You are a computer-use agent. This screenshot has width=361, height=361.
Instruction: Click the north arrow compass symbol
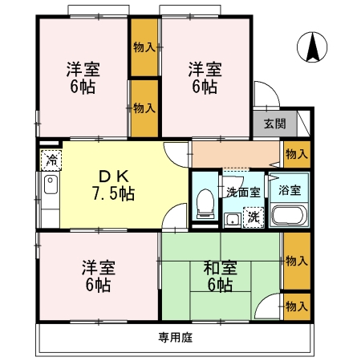[x=312, y=47]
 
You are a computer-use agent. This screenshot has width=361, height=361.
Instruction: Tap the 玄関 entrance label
[x=275, y=124]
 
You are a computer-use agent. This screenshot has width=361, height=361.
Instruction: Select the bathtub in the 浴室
[x=290, y=215]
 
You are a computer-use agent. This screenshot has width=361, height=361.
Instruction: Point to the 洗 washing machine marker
[x=254, y=217]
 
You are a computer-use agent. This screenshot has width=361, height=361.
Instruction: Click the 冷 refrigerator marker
[x=51, y=160]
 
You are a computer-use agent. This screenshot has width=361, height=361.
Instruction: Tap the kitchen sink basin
[x=51, y=185]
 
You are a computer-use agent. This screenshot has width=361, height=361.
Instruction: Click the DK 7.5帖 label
[x=114, y=185]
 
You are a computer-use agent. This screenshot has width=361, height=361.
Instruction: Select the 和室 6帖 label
[x=220, y=276]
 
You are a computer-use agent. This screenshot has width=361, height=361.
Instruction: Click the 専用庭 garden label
[x=176, y=338]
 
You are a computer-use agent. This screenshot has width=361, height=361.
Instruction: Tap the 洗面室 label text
[x=243, y=192]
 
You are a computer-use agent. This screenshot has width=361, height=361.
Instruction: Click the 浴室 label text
[x=290, y=190]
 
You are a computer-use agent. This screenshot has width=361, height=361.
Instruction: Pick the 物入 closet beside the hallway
[x=297, y=154]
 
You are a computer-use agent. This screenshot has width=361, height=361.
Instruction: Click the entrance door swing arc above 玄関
[x=272, y=88]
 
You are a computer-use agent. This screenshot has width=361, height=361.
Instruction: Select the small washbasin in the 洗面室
[x=233, y=220]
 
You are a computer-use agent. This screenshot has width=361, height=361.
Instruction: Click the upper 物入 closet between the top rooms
[x=144, y=47]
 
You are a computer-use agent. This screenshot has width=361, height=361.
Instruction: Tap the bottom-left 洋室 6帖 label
[x=99, y=276]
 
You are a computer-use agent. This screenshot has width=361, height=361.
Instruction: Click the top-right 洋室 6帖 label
[x=205, y=78]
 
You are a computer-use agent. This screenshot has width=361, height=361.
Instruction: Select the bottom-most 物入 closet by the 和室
[x=297, y=306]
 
